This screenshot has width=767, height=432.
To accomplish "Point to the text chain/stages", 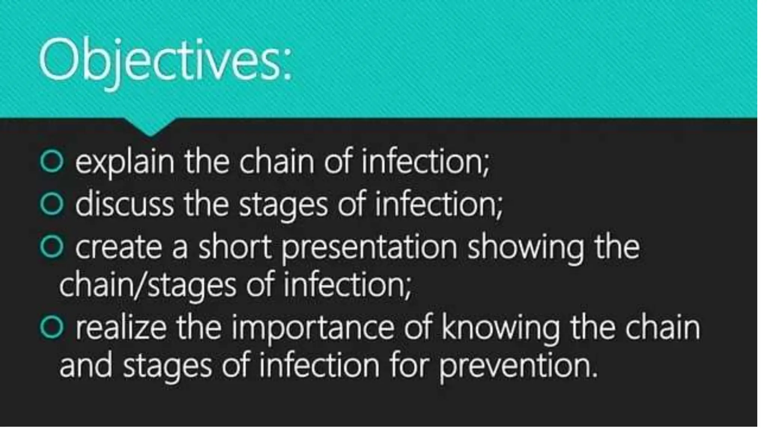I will [x=148, y=286].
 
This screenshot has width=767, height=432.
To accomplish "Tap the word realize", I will [x=121, y=328].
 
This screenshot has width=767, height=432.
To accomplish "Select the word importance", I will [x=313, y=328].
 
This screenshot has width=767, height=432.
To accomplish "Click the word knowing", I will [x=500, y=328].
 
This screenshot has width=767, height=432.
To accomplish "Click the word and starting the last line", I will [x=86, y=366].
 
